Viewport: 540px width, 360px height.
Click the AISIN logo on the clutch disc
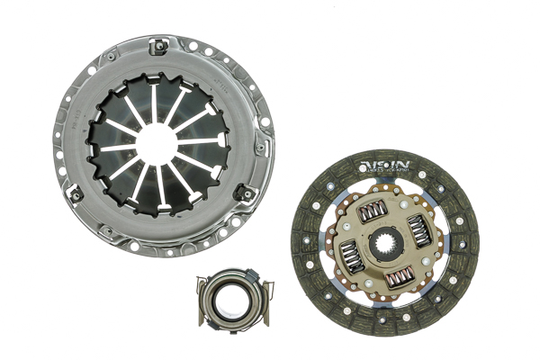point(385,164)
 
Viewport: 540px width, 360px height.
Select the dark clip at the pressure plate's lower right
point(242,192)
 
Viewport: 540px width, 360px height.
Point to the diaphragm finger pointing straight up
point(154,100)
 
